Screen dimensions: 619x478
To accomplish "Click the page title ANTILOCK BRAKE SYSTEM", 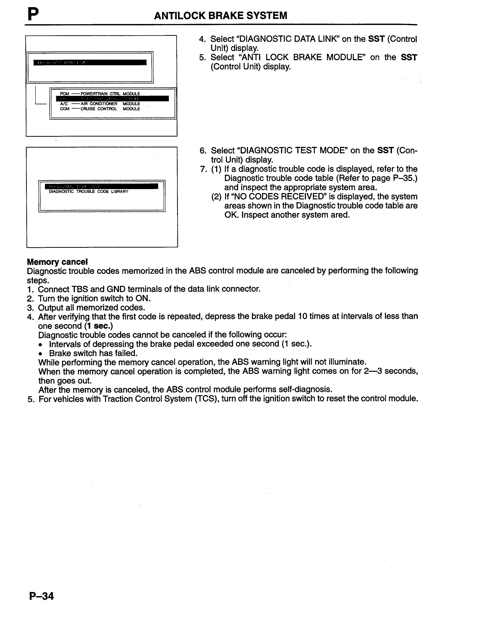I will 221,15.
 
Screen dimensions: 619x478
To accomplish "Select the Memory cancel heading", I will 57,261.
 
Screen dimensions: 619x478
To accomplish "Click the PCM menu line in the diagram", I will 100,94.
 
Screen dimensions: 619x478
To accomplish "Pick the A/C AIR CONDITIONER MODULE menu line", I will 100,104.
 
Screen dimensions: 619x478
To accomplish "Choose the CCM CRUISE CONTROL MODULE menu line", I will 100,109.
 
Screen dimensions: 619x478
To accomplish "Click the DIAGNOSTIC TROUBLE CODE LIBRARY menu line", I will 89,192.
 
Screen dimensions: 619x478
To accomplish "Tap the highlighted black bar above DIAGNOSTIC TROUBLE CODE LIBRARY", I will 101,186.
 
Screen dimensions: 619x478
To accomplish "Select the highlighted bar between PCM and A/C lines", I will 112,99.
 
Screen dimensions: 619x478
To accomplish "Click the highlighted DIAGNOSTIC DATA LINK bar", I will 90,62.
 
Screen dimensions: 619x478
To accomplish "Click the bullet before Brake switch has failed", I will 41,353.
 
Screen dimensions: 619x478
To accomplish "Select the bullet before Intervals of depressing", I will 41,344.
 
